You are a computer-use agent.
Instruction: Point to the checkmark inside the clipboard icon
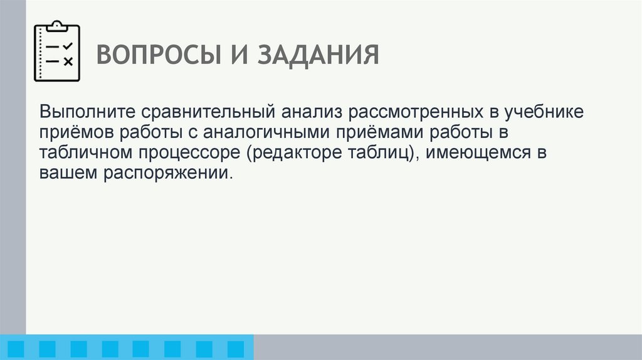pyautogui.click(x=68, y=46)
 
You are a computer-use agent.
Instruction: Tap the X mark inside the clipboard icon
pyautogui.click(x=68, y=61)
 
